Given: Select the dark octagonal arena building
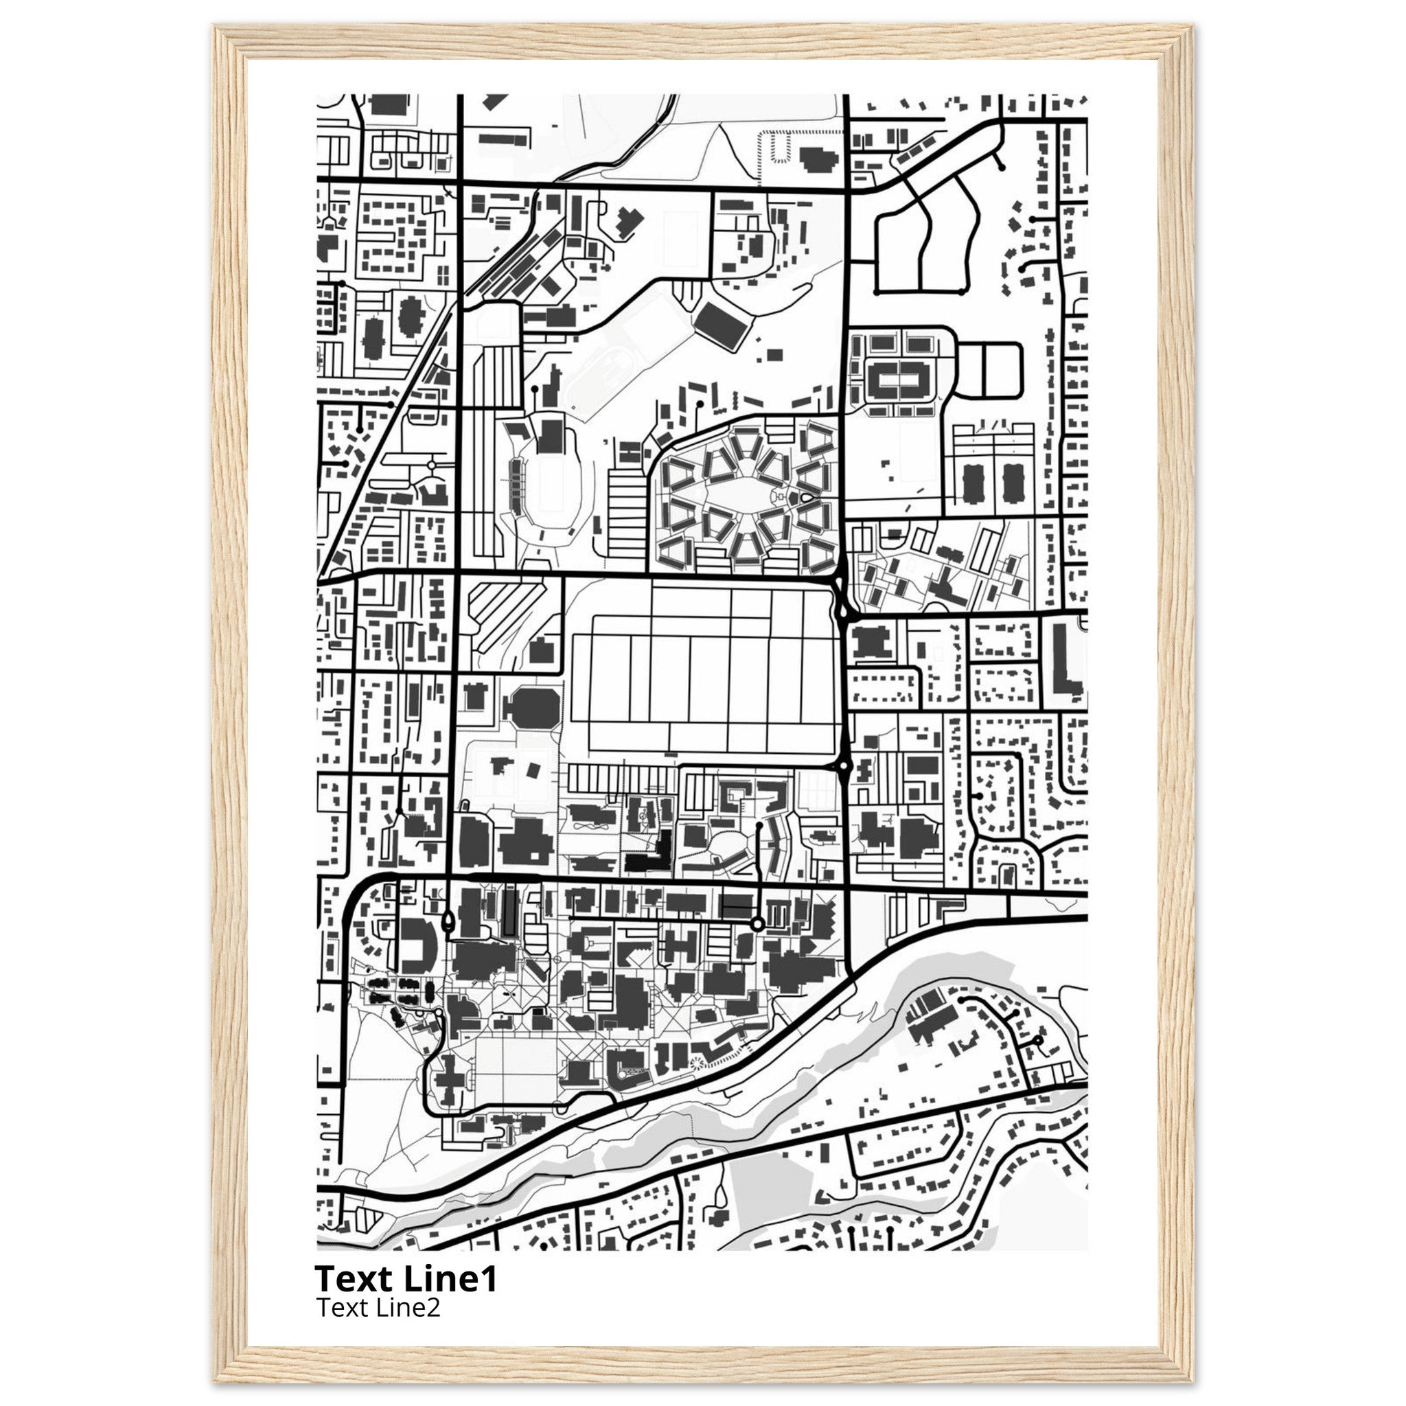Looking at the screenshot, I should (533, 705).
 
